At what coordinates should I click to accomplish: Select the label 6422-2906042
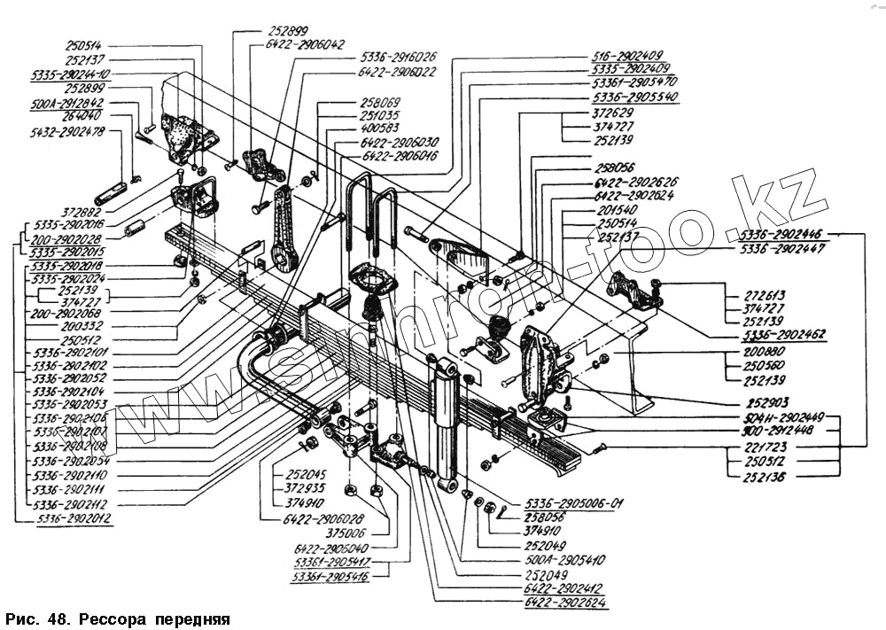[304, 43]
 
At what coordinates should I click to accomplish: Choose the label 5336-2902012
[74, 517]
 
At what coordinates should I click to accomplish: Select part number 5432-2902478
[66, 131]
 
